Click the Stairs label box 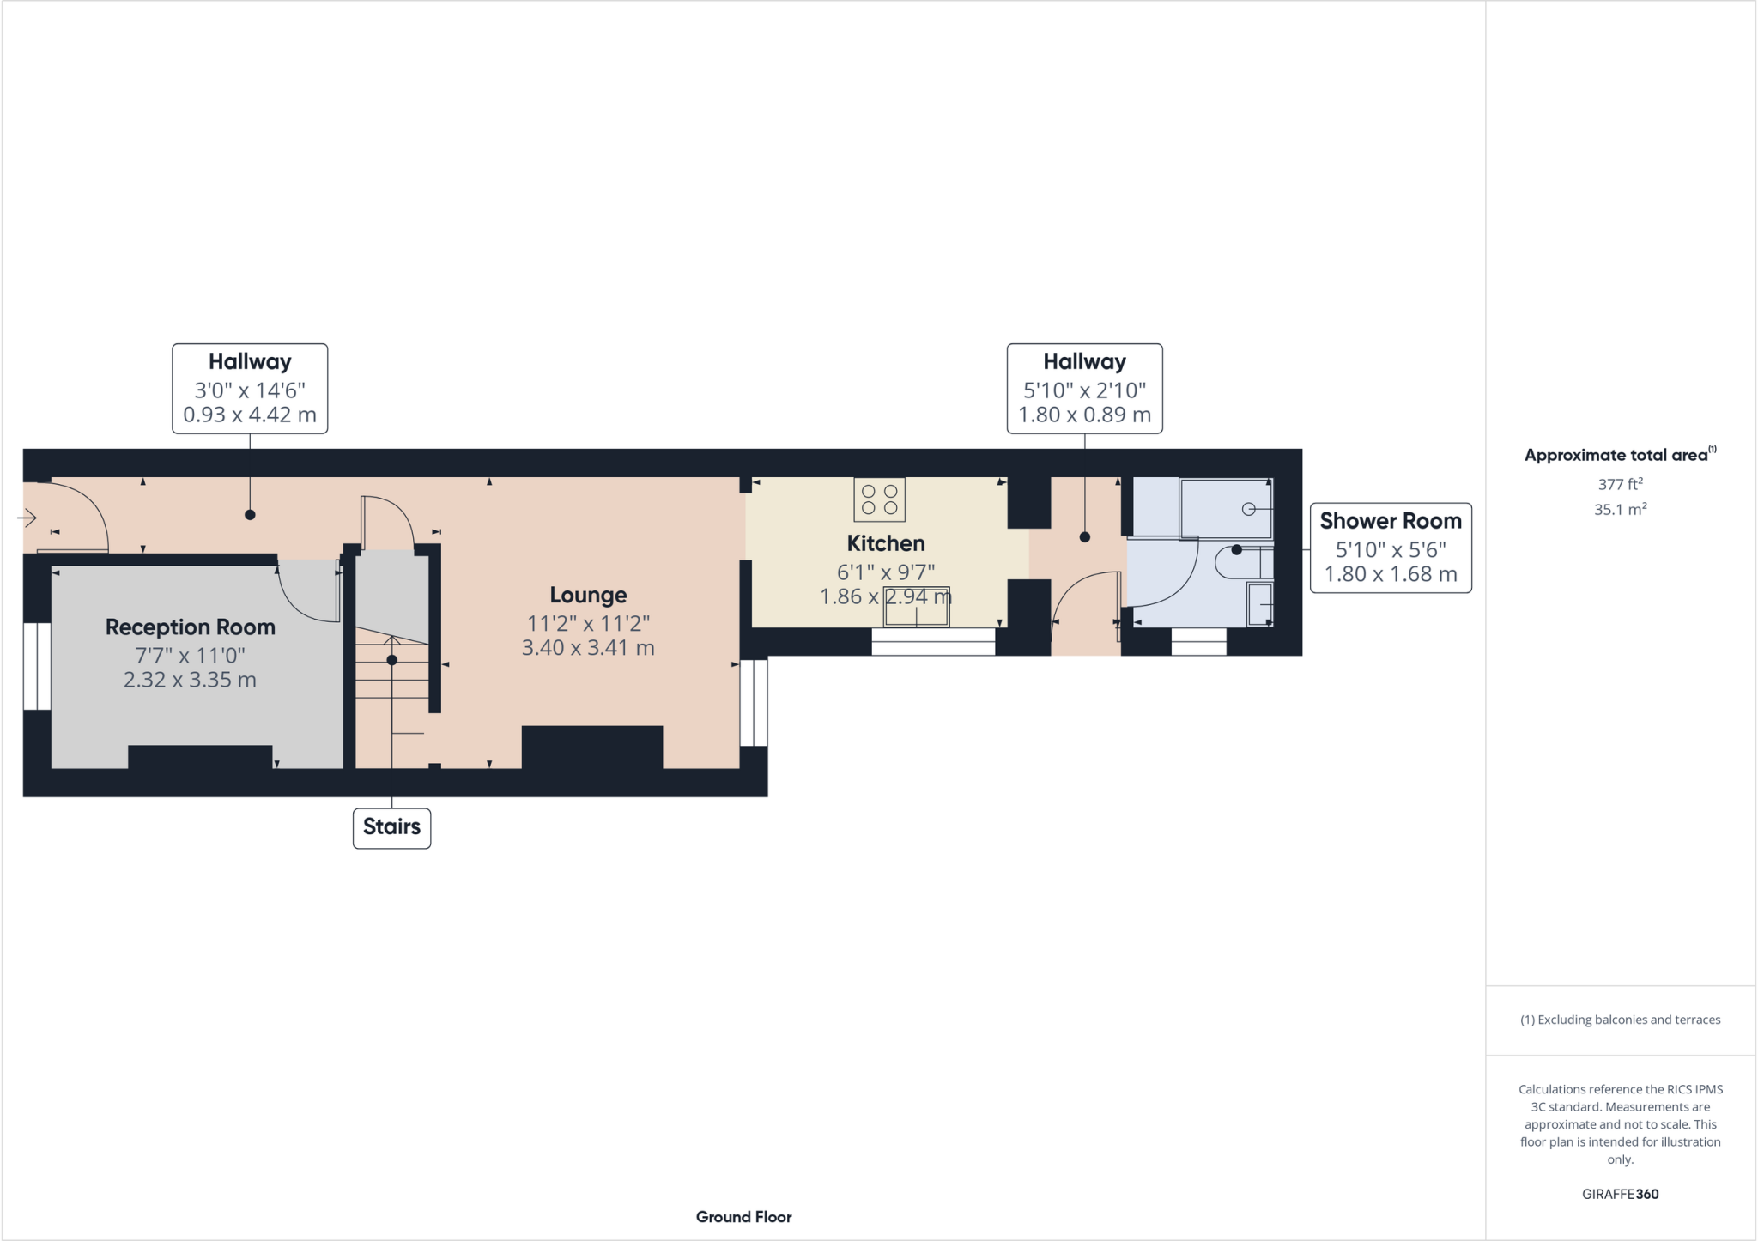(x=391, y=827)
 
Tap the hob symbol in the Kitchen (x=879, y=499)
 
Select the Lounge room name (x=588, y=595)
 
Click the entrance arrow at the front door (x=27, y=518)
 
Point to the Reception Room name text (x=190, y=627)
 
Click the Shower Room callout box (x=1390, y=548)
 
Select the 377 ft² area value (x=1620, y=484)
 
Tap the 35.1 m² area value (x=1620, y=510)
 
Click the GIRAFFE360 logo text (x=1620, y=1194)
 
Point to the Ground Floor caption (x=743, y=1217)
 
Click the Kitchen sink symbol (x=917, y=607)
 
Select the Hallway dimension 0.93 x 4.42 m (x=249, y=415)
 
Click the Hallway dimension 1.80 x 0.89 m (x=1084, y=415)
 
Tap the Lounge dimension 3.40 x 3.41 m (x=588, y=648)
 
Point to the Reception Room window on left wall (x=37, y=666)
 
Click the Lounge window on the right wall (x=754, y=702)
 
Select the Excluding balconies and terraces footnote (x=1620, y=1020)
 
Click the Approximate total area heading (x=1616, y=455)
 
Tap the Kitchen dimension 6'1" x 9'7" (x=885, y=572)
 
